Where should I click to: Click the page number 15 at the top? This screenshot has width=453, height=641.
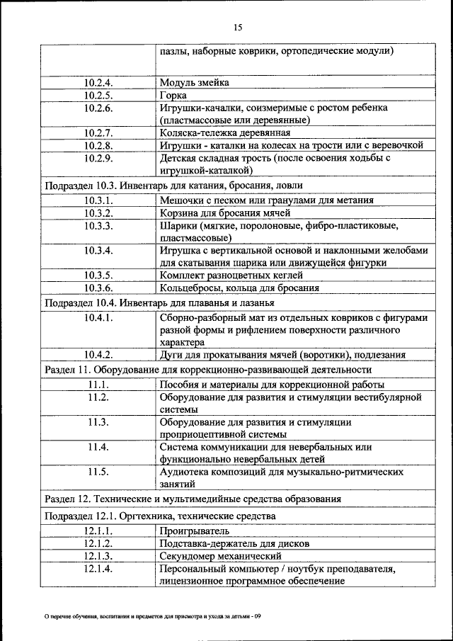click(238, 27)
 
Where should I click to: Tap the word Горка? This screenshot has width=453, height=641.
click(173, 95)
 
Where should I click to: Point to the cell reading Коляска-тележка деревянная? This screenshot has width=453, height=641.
click(225, 133)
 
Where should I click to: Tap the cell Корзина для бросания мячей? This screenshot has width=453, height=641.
click(225, 213)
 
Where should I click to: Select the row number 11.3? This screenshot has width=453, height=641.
click(98, 422)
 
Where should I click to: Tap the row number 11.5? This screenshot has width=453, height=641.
click(98, 472)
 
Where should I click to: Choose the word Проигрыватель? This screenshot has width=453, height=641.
click(194, 531)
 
